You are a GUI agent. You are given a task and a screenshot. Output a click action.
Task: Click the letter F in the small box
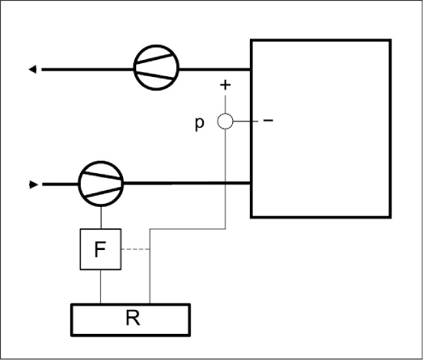(100, 249)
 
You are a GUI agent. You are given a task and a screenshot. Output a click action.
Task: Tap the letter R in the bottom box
(133, 318)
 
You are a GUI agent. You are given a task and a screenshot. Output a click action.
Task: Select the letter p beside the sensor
(199, 124)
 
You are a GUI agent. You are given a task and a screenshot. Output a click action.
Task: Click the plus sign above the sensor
(225, 85)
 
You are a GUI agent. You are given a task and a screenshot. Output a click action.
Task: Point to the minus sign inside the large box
(268, 120)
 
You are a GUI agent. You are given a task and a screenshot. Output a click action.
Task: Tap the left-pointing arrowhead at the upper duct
(32, 69)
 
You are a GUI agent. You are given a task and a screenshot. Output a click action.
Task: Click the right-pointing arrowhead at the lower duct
(33, 185)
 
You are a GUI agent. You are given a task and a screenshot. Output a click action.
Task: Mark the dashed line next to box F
(135, 249)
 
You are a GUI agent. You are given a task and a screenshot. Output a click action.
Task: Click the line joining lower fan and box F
(101, 218)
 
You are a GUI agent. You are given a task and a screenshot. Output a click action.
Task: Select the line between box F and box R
(100, 287)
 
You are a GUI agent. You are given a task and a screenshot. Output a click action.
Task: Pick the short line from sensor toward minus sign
(245, 122)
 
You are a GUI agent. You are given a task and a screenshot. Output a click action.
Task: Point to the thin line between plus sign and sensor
(225, 104)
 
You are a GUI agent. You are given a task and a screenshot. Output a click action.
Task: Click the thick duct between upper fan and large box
(215, 69)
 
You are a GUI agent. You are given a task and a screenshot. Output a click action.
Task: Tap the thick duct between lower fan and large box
(187, 184)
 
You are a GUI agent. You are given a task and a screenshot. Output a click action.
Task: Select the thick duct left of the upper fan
(88, 70)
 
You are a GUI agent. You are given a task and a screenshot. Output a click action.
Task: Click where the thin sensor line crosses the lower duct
(225, 184)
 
